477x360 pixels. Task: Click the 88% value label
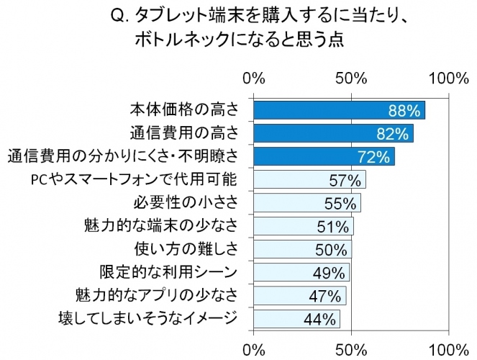coord(404,110)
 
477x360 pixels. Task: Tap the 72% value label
coord(373,156)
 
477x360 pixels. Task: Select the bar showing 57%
coord(309,179)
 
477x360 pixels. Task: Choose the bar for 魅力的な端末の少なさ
coord(303,226)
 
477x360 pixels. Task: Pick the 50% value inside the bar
coord(332,249)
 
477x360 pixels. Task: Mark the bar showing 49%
coord(301,272)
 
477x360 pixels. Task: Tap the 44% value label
coord(321,318)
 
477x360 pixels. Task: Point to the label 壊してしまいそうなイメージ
coord(147,318)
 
